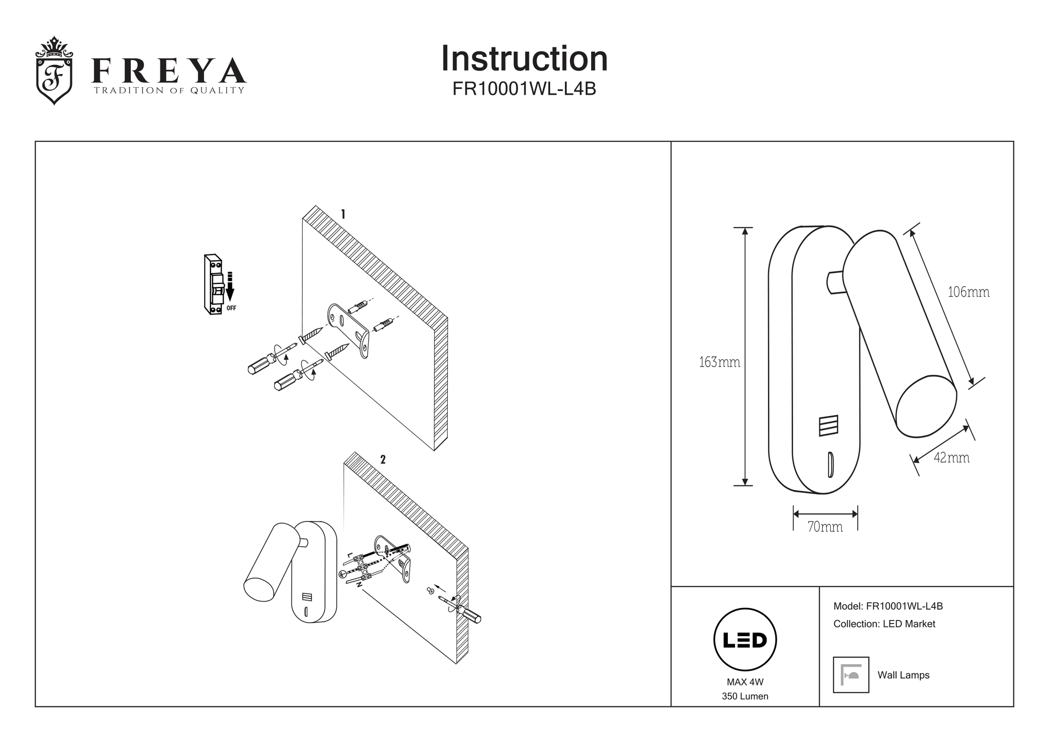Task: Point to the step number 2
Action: pos(383,460)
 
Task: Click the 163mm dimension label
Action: pos(719,362)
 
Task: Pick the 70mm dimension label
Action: pos(825,527)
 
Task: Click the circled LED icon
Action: pos(745,640)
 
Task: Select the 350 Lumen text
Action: pos(745,696)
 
